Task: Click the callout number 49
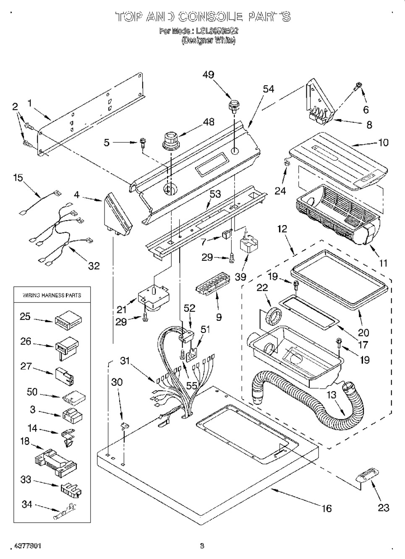[x=208, y=75]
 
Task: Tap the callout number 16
[x=327, y=508]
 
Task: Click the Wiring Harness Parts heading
[x=52, y=295]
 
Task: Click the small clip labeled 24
[x=287, y=161]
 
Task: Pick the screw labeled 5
[x=143, y=143]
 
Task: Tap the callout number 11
[x=383, y=263]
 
